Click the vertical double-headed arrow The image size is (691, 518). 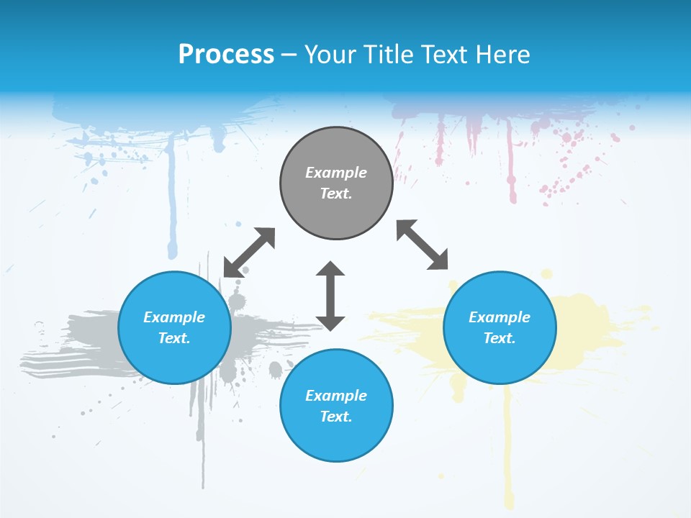point(330,296)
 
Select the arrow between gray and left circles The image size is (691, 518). point(249,253)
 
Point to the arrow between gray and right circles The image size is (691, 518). point(423,245)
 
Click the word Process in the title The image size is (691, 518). point(226,54)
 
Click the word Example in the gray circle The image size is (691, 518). point(336,173)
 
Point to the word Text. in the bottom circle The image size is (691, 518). point(336,417)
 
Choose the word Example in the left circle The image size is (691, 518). point(174,317)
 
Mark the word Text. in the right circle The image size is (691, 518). point(500,338)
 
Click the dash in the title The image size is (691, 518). point(289,55)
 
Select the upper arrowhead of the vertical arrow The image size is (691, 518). point(330,269)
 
